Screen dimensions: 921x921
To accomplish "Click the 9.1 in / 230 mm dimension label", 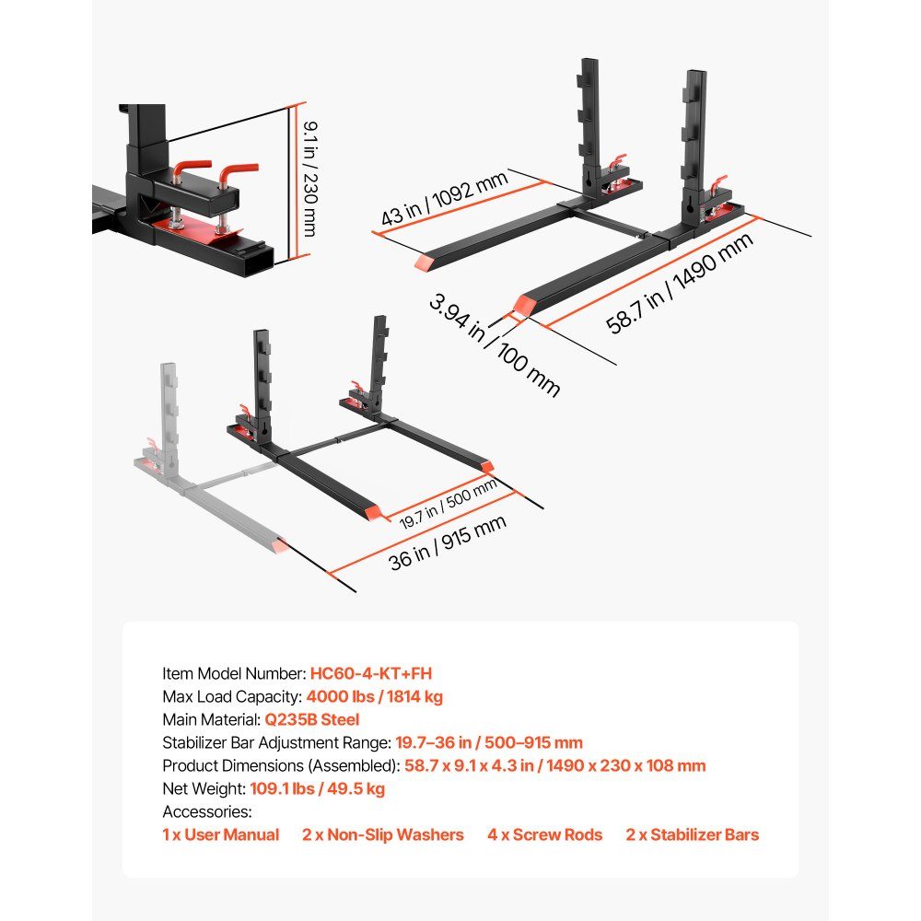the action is pyautogui.click(x=309, y=180).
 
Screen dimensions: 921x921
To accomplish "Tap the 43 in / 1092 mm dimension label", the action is pyautogui.click(x=444, y=199).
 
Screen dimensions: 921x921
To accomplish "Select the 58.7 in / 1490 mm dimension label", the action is pyautogui.click(x=680, y=284).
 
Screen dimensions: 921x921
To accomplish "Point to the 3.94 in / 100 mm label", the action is pyautogui.click(x=495, y=345).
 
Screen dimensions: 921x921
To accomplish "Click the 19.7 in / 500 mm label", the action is pyautogui.click(x=449, y=504).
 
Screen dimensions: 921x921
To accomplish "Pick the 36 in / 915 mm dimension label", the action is pyautogui.click(x=447, y=542).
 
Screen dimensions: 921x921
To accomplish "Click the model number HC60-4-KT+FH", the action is pyautogui.click(x=370, y=674).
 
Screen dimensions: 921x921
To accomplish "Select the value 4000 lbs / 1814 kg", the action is pyautogui.click(x=374, y=696).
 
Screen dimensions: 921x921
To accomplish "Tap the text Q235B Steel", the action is pyautogui.click(x=312, y=719).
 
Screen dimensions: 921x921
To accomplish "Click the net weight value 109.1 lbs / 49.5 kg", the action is pyautogui.click(x=317, y=788).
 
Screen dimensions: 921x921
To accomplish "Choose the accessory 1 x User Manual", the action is pyautogui.click(x=220, y=834).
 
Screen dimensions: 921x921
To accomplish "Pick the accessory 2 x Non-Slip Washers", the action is pyautogui.click(x=383, y=834).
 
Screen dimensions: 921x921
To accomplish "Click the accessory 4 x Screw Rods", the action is pyautogui.click(x=544, y=834).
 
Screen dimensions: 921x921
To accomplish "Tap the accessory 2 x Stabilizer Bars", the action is pyautogui.click(x=693, y=834).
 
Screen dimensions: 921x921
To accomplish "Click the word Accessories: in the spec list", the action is pyautogui.click(x=206, y=811).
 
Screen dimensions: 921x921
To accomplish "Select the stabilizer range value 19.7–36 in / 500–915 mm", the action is pyautogui.click(x=489, y=742).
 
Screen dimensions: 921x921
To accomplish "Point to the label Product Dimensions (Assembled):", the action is pyautogui.click(x=281, y=766).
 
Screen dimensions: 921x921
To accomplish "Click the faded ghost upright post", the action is pyautogui.click(x=169, y=418).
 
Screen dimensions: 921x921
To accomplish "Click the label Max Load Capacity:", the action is pyautogui.click(x=232, y=696).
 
